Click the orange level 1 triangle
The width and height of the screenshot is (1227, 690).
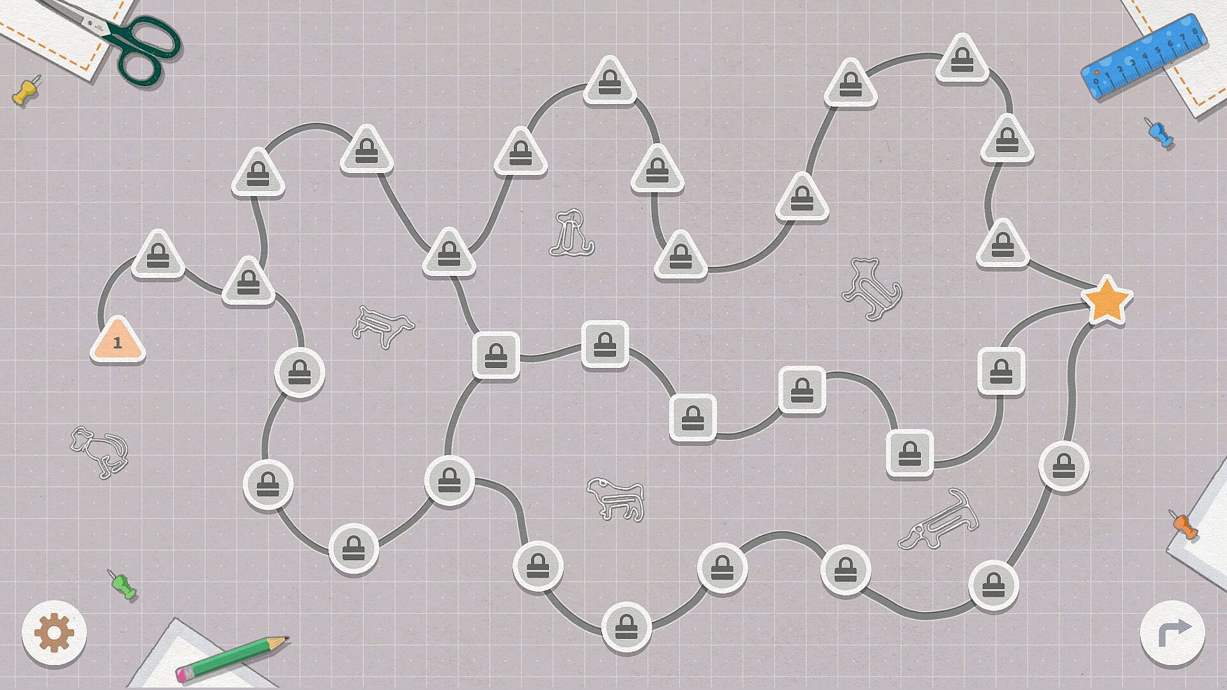click(118, 341)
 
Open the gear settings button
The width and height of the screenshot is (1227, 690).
click(54, 633)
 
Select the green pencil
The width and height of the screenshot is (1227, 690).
click(232, 658)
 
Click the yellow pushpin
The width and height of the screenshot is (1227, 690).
click(26, 91)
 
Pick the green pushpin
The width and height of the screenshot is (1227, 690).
click(123, 585)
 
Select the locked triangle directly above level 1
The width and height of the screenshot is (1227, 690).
click(158, 255)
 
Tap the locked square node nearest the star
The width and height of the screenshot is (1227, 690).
click(1001, 371)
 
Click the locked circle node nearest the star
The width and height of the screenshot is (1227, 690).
click(1063, 467)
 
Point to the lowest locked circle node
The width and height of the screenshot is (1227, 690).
click(626, 627)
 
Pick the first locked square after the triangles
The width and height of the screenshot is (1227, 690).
click(496, 356)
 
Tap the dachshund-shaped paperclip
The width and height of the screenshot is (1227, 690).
click(938, 519)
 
